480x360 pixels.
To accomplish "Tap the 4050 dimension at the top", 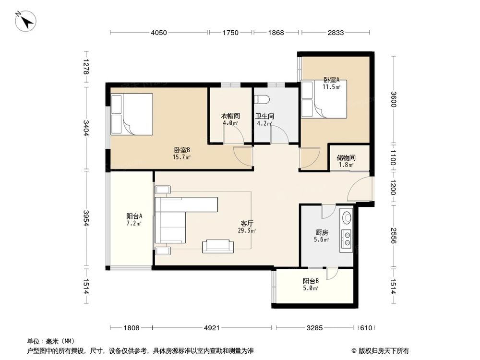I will (x=158, y=33).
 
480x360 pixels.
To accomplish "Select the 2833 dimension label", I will (x=336, y=33).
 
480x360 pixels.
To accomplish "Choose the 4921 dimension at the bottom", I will (x=212, y=328).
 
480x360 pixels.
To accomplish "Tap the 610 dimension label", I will (x=366, y=328).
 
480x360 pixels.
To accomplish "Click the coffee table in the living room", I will (x=218, y=246).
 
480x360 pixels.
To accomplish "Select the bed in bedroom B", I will (x=132, y=114).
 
